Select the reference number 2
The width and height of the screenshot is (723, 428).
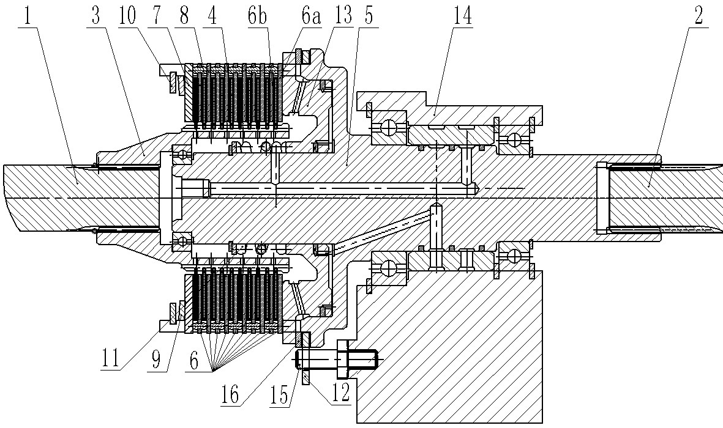click(698, 17)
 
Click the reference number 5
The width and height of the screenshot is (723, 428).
click(369, 17)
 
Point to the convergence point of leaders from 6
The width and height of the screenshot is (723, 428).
click(213, 370)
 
